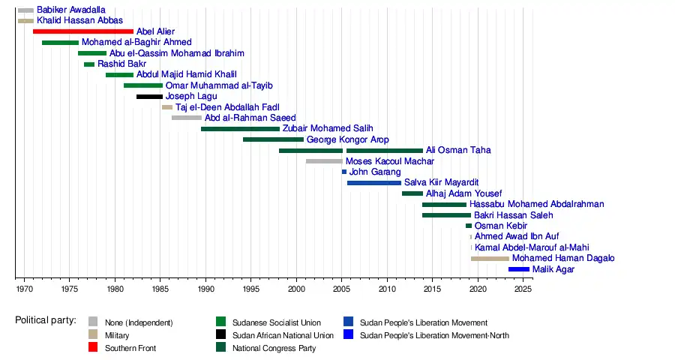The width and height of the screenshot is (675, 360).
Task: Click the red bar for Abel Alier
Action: (82, 31)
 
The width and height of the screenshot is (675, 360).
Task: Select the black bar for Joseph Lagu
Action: (149, 97)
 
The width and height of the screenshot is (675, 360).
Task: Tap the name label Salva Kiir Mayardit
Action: (441, 183)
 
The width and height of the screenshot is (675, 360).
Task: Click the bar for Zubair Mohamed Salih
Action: (240, 129)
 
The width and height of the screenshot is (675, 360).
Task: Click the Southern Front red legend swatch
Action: (93, 348)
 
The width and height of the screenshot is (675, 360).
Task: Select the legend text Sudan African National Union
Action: (283, 335)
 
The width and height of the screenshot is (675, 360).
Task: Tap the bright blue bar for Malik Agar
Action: (518, 269)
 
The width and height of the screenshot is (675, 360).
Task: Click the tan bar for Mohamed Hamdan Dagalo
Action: (490, 259)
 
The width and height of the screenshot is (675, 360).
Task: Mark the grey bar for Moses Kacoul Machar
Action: (324, 161)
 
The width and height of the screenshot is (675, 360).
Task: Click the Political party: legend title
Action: (46, 321)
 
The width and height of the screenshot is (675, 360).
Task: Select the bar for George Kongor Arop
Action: (273, 139)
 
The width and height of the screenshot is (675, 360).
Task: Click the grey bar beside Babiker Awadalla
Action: (25, 10)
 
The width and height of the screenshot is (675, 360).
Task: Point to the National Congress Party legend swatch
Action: (220, 348)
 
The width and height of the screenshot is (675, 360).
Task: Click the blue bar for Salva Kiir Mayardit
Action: (373, 183)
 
